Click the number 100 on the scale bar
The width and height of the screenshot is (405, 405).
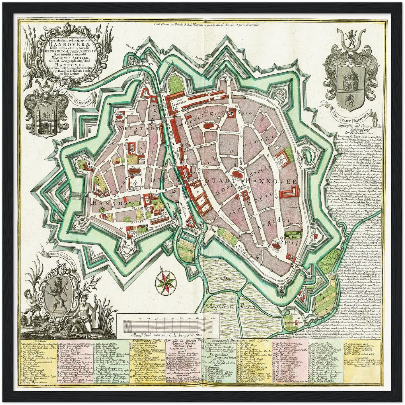click(213, 319)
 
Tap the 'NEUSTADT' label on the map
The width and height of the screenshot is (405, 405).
click(131, 128)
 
